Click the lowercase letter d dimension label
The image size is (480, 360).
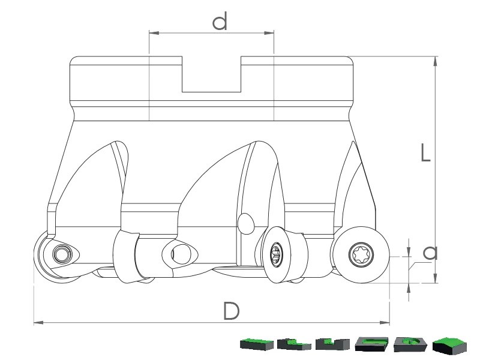pyautogui.click(x=220, y=22)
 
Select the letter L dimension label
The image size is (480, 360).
pyautogui.click(x=425, y=153)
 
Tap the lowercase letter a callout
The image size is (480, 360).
pyautogui.click(x=430, y=253)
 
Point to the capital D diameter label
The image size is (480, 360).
pyautogui.click(x=231, y=311)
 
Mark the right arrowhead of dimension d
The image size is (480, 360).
pyautogui.click(x=268, y=33)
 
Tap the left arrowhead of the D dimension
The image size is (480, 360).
pyautogui.click(x=38, y=322)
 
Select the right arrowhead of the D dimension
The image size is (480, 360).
pyautogui.click(x=385, y=322)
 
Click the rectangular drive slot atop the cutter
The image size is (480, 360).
pyautogui.click(x=212, y=74)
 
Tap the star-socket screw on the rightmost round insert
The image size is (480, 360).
pyautogui.click(x=361, y=254)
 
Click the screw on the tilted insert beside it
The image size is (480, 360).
pyautogui.click(x=277, y=253)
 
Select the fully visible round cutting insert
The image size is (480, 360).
pyautogui.click(x=361, y=254)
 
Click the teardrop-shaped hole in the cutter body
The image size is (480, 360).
pyautogui.click(x=245, y=223)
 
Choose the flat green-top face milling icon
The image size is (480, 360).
pyautogui.click(x=257, y=344)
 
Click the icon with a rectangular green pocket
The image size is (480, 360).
pyautogui.click(x=371, y=344)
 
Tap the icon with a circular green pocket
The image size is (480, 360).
pyautogui.click(x=410, y=344)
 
